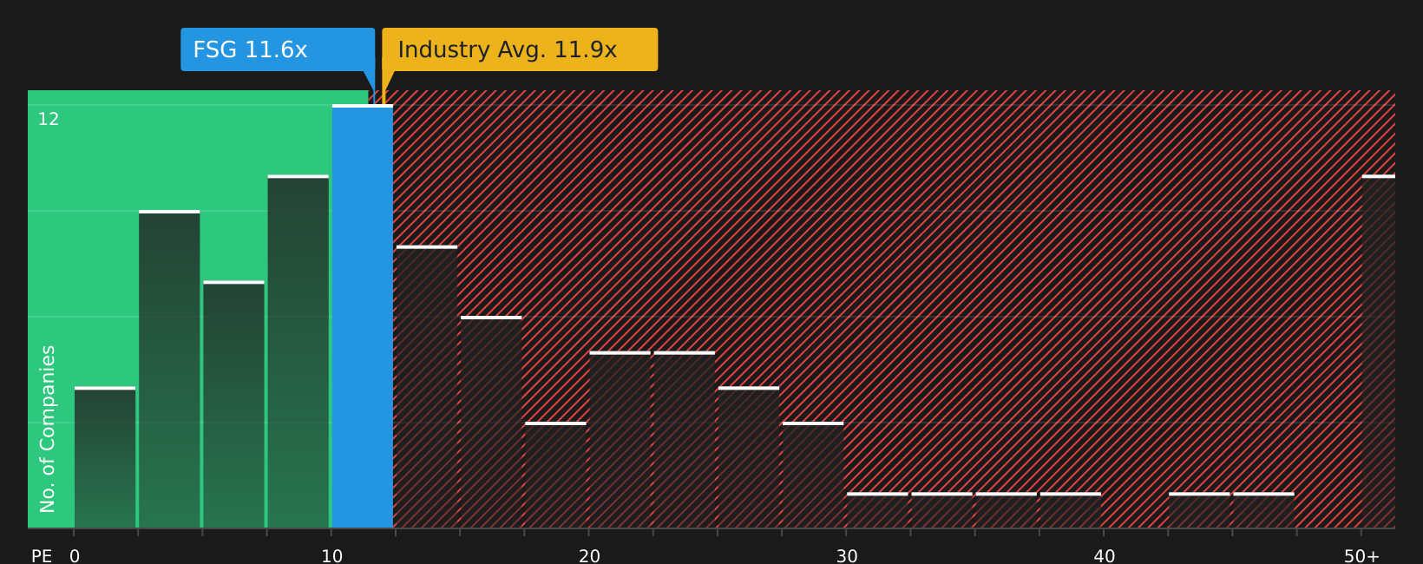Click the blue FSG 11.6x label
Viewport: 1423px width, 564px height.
tap(278, 49)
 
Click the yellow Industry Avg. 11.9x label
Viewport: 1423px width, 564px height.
tap(520, 49)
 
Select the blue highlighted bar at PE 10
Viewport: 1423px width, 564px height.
tap(363, 317)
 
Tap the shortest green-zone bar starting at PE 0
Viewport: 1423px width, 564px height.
tap(105, 457)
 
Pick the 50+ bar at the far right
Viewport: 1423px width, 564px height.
tap(1379, 351)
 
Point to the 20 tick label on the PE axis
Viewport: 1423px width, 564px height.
tap(589, 555)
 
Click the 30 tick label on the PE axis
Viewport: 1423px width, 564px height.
tap(847, 555)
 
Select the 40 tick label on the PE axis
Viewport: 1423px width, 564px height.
tap(1104, 555)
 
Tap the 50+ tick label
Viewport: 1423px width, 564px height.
tap(1361, 555)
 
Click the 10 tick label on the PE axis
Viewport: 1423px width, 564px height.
tap(331, 555)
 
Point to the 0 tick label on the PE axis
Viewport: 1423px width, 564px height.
tap(75, 555)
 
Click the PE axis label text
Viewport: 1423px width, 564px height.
tap(42, 555)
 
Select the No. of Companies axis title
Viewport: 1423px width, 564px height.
tap(48, 429)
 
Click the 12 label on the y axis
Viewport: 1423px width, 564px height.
tap(49, 119)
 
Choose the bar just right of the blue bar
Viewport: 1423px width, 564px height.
tap(427, 387)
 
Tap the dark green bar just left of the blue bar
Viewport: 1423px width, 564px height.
tap(298, 351)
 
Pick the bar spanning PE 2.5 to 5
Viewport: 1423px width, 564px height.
tap(169, 369)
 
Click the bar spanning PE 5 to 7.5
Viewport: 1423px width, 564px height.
tap(233, 404)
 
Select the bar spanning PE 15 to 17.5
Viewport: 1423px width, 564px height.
tap(491, 422)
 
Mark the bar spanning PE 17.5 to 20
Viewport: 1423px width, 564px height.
tap(556, 475)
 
